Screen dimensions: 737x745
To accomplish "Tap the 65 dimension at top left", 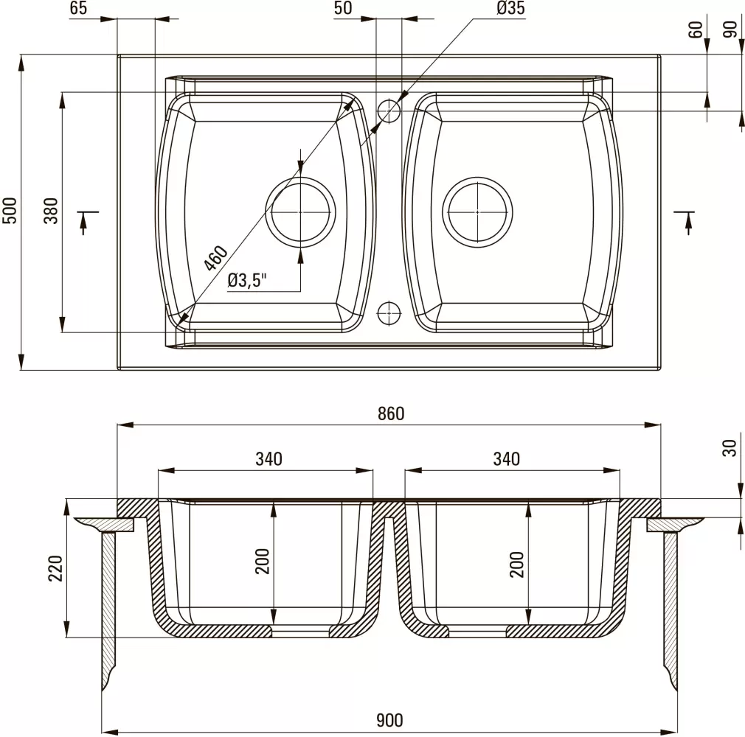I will (x=79, y=8).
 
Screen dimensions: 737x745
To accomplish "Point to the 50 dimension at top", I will (x=343, y=8).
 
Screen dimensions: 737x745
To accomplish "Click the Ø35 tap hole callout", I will (x=510, y=8).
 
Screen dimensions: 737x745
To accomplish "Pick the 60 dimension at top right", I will (x=694, y=30).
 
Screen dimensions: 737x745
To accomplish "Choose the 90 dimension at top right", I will (x=731, y=30).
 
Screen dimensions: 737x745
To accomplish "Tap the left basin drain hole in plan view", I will (x=301, y=212).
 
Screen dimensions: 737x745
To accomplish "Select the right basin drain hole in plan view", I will (x=478, y=212).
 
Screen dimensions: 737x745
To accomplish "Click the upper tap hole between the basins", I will (x=389, y=110).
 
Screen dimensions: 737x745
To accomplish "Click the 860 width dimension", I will (x=390, y=414).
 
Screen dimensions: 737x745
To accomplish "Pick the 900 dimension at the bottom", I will (x=390, y=720).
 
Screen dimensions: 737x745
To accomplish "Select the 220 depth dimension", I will (x=56, y=567).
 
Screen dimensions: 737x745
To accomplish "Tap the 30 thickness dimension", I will (x=730, y=447).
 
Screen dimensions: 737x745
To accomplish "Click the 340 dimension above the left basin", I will (x=268, y=459).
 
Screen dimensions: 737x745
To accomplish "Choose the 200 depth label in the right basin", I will (x=516, y=564).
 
